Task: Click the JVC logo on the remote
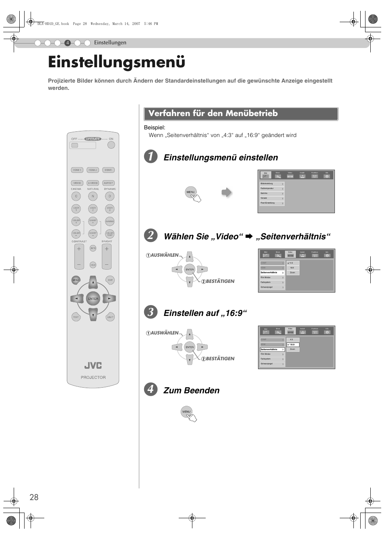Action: (93, 366)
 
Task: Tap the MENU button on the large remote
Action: (76, 280)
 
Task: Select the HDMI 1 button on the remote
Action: (77, 170)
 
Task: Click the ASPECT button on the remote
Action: (108, 183)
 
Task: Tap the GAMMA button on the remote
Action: (109, 221)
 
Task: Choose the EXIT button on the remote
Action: (110, 280)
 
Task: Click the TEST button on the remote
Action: (76, 317)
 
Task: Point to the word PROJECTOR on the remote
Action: (93, 378)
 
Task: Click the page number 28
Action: (34, 497)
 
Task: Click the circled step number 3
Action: (151, 312)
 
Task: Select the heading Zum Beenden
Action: (191, 390)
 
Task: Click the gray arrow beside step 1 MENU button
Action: (227, 192)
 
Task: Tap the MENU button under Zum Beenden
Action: (186, 411)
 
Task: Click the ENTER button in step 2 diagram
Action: (190, 270)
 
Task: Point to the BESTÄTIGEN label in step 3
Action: (220, 359)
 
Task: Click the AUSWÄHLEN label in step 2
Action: (164, 255)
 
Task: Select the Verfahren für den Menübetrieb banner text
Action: (213, 114)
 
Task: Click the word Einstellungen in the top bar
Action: (110, 43)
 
